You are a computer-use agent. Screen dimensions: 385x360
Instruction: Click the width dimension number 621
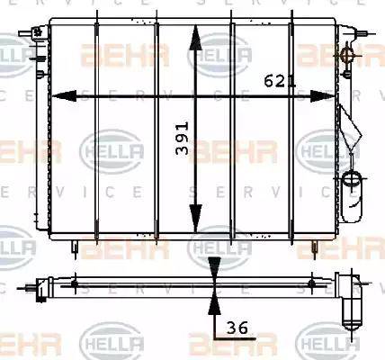point(280,81)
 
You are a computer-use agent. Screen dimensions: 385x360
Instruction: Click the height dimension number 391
point(183,138)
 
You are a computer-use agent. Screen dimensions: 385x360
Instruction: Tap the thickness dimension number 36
point(237,328)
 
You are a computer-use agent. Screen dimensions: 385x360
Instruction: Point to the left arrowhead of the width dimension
point(64,96)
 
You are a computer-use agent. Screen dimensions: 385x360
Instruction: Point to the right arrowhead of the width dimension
point(322,96)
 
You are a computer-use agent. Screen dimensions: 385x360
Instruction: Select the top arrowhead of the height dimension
point(195,37)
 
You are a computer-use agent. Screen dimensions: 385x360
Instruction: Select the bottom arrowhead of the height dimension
point(195,219)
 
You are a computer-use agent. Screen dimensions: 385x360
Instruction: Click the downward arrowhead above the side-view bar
point(215,268)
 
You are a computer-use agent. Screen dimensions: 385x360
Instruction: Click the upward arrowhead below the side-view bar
point(215,303)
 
